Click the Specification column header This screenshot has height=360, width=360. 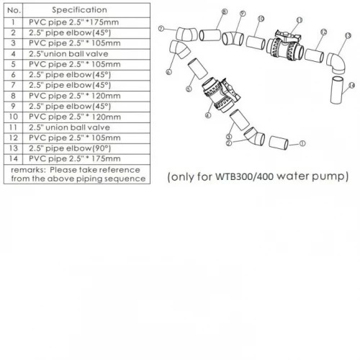click(x=79, y=10)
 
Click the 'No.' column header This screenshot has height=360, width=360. click(x=14, y=10)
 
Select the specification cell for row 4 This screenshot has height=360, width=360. click(x=68, y=54)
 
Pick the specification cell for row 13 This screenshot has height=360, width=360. click(x=70, y=148)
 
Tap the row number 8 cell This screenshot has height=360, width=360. click(x=13, y=96)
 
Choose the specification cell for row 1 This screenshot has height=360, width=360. click(x=73, y=22)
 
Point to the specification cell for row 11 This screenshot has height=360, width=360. click(x=69, y=127)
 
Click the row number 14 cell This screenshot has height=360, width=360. click(x=13, y=158)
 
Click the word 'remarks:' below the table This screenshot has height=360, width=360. click(x=28, y=170)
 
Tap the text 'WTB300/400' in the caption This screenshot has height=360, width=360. click(x=244, y=176)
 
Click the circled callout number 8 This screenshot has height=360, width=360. click(x=225, y=12)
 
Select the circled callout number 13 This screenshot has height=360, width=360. click(x=348, y=35)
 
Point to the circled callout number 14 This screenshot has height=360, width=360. click(x=351, y=85)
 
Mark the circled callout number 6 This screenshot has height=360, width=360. click(x=168, y=71)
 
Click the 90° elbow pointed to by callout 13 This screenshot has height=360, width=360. click(x=336, y=63)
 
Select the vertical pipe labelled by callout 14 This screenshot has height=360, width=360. click(x=337, y=89)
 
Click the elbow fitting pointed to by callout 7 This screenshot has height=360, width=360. click(x=186, y=35)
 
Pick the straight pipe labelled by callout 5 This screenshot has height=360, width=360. click(x=197, y=68)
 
